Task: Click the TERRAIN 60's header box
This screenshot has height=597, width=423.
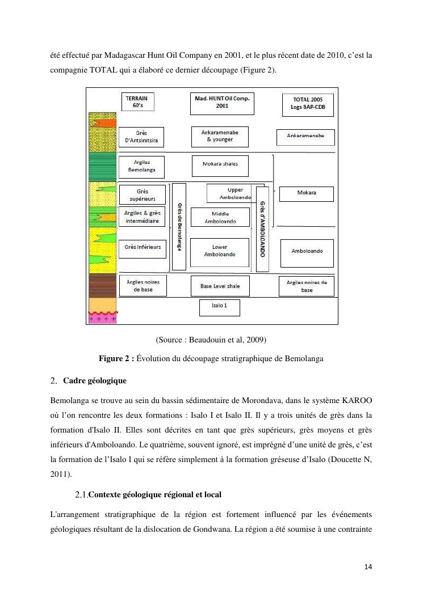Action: pos(137,102)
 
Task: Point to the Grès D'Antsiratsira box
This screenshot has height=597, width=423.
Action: pos(141,137)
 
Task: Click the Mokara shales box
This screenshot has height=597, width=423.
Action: pos(220,164)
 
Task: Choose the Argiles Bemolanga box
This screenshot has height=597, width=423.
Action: pos(141,166)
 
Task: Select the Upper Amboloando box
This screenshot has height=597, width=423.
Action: pos(231,193)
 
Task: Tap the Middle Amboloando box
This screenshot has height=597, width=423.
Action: pos(220,218)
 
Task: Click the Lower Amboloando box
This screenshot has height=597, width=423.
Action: pos(220,251)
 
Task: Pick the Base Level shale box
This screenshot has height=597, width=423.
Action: pos(220,286)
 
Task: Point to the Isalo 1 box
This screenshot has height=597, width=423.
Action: pos(219,307)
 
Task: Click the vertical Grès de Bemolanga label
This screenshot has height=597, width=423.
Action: pos(179,226)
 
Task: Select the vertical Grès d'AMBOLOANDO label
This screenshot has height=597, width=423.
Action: pos(262,222)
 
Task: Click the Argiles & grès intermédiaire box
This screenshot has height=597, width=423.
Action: pos(142,217)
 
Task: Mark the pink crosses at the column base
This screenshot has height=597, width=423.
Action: pos(102,319)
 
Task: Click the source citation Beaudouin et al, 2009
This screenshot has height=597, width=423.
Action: pos(211,340)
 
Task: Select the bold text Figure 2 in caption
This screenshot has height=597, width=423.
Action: pos(116,358)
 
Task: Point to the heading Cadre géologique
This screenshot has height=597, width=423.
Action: pos(95,380)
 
